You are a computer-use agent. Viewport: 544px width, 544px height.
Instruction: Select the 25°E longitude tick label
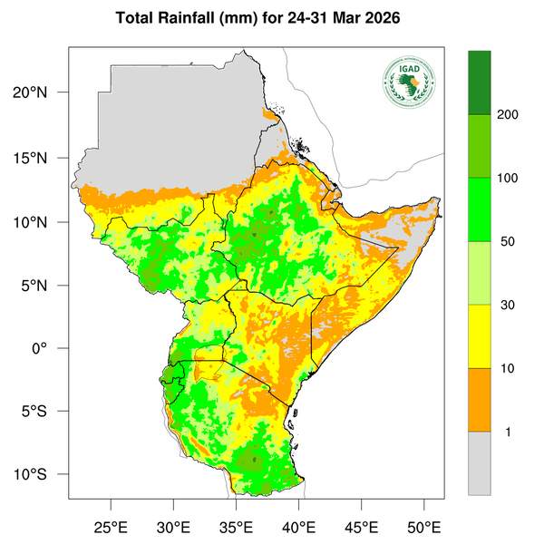[x=111, y=527]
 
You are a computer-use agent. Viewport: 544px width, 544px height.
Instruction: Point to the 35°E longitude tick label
[x=236, y=527]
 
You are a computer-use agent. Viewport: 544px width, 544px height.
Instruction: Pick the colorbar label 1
[x=508, y=432]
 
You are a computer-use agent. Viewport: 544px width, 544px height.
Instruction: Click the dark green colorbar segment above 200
[x=479, y=83]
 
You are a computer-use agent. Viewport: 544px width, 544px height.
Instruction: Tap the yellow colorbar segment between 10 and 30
[x=479, y=336]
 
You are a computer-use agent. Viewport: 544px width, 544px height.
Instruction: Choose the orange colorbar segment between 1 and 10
[x=479, y=400]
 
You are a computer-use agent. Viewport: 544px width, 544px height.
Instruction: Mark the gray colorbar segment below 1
[x=479, y=462]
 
